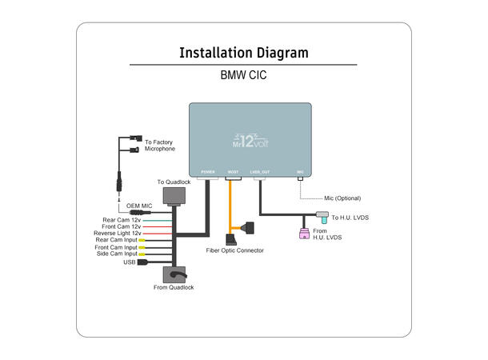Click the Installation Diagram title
point(243,54)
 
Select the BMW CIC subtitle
point(243,78)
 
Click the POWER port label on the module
point(208,172)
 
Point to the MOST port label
point(233,172)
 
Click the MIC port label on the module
point(300,172)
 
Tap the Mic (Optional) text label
point(342,198)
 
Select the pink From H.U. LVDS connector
point(303,234)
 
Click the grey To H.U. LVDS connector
point(322,215)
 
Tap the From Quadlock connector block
point(174,274)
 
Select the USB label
point(129,262)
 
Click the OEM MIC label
point(139,206)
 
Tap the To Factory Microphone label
point(158,146)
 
